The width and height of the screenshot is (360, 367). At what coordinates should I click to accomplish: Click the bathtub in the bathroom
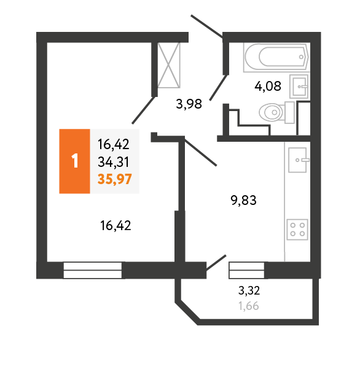tap(276, 57)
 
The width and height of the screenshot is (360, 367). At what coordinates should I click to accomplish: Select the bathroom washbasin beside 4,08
tap(299, 87)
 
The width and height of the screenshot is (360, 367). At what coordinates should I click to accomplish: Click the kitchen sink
tap(298, 160)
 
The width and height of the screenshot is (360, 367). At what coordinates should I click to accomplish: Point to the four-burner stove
tap(297, 230)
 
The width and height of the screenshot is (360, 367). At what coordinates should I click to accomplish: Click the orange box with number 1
tap(74, 161)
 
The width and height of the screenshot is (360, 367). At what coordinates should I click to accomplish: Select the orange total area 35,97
tap(115, 180)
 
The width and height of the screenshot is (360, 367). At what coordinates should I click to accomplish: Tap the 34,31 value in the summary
tap(114, 162)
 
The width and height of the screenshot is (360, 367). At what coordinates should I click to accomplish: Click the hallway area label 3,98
tap(189, 104)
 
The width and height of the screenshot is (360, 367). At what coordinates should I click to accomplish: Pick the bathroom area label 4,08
tap(268, 86)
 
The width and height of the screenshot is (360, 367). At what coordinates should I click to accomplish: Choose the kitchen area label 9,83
tap(244, 200)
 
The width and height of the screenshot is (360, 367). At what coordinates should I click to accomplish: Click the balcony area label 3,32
tap(249, 290)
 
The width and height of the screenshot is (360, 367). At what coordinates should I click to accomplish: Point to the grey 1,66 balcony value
tap(249, 306)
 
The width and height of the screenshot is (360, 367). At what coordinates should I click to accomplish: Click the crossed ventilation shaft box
tap(169, 65)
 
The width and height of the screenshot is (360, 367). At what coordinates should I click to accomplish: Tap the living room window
tap(93, 270)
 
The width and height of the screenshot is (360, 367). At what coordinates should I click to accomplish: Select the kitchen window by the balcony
tap(246, 270)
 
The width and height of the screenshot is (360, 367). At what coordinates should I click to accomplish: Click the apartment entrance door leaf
tap(206, 26)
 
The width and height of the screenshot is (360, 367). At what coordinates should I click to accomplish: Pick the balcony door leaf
tap(216, 263)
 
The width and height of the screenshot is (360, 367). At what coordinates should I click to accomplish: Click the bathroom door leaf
tap(218, 88)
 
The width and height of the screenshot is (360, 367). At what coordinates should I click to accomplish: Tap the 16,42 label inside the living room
tap(115, 226)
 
